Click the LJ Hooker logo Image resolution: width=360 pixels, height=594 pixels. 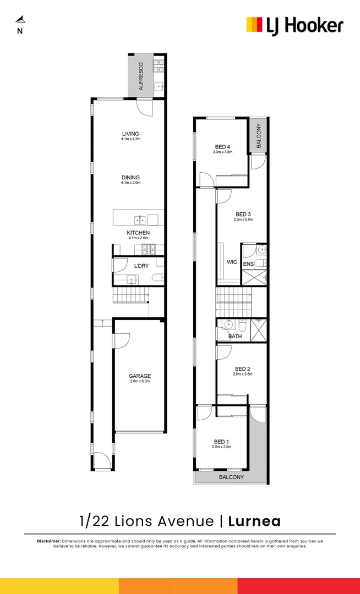(294, 25)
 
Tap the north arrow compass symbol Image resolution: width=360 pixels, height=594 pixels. (20, 20)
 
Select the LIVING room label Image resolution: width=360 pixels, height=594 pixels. (130, 134)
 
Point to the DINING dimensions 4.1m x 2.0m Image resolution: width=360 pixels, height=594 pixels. (130, 183)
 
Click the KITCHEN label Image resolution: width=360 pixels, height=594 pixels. (138, 233)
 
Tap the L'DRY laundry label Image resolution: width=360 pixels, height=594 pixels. (141, 266)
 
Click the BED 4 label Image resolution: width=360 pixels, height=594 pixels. (222, 147)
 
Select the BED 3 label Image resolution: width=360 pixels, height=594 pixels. (243, 214)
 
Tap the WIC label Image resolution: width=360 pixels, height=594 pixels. (232, 262)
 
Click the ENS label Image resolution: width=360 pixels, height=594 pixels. (248, 265)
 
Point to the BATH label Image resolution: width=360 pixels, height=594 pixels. (235, 336)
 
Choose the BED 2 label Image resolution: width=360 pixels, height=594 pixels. (243, 369)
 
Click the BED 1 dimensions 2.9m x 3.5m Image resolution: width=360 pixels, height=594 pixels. (221, 447)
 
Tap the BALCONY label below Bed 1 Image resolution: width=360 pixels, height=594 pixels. (231, 477)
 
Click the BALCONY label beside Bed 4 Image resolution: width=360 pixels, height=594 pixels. (258, 135)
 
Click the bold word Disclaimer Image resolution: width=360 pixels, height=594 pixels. (49, 541)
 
